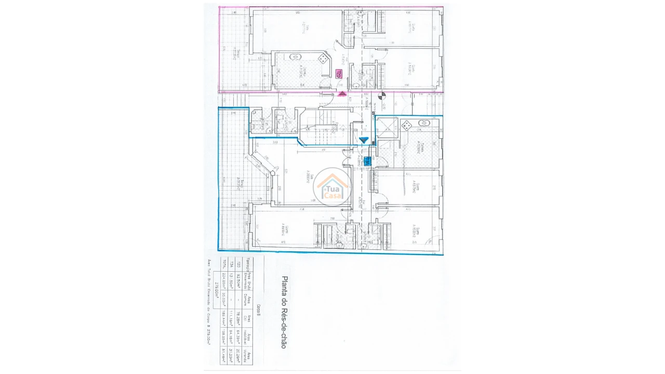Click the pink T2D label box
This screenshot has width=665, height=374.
(x=339, y=74)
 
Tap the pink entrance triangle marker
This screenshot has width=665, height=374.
(x=342, y=94)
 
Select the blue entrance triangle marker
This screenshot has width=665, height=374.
(x=364, y=140)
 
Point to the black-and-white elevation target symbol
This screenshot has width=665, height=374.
(x=383, y=95)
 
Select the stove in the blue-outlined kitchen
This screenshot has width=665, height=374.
(x=407, y=125)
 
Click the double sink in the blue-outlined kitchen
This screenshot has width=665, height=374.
(x=424, y=124)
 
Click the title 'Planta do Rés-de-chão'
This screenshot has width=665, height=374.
(x=284, y=312)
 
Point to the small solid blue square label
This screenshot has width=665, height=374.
(x=367, y=161)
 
